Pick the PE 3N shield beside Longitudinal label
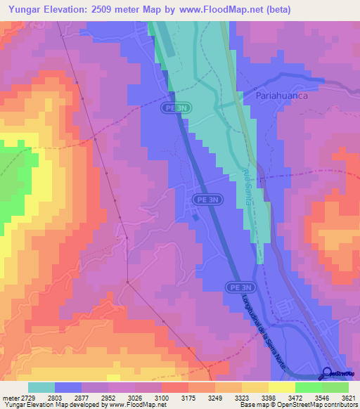click(x=237, y=287)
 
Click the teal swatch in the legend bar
click(x=41, y=387)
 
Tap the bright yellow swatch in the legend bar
click(x=281, y=387)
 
